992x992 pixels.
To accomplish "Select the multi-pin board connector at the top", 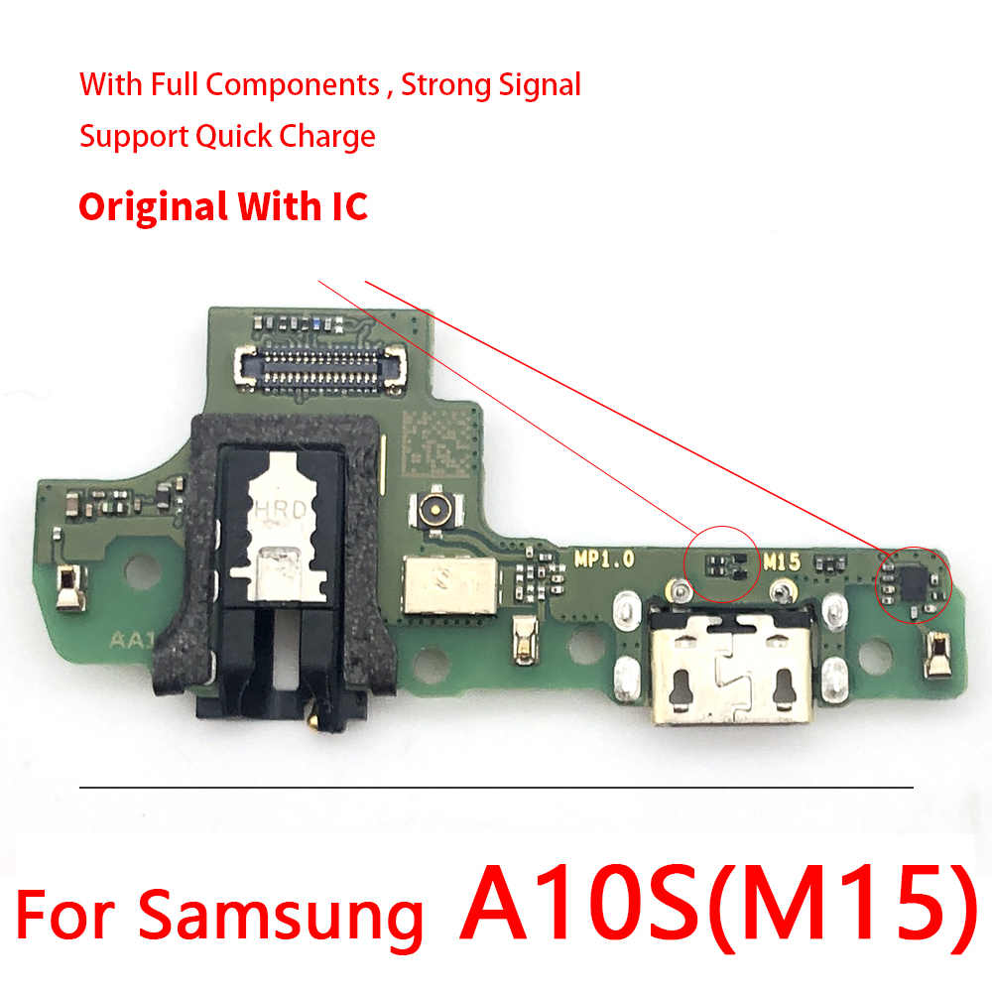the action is (x=319, y=367).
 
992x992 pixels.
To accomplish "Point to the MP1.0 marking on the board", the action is (x=604, y=558).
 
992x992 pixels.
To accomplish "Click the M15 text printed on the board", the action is (x=782, y=561).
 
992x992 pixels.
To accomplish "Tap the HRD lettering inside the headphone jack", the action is (x=281, y=509).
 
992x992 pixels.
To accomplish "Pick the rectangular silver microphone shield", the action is (x=451, y=585).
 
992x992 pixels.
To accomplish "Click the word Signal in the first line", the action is (x=540, y=85).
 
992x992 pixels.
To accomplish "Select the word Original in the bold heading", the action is (x=153, y=207).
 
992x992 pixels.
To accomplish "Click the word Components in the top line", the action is (x=293, y=85).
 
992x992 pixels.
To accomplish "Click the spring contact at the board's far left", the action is (x=70, y=586).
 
